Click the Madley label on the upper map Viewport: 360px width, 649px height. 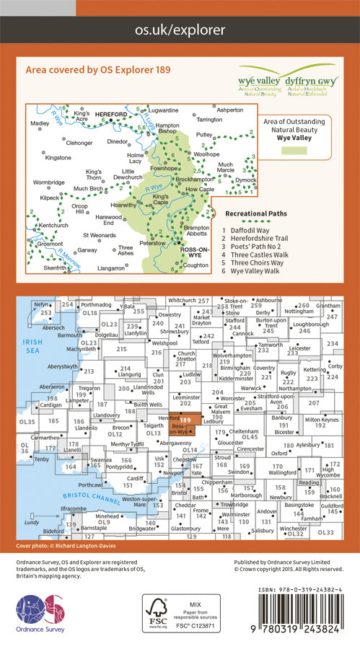click(x=40, y=123)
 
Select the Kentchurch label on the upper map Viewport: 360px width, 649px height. click(x=53, y=226)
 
